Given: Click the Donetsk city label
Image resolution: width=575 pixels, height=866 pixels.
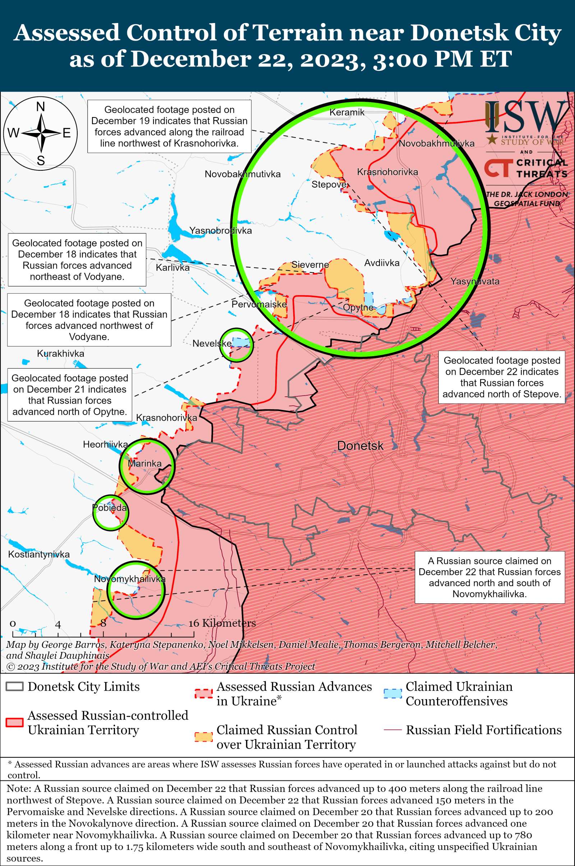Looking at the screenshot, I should (360, 446).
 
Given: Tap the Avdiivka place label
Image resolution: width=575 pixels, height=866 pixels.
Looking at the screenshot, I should (382, 263).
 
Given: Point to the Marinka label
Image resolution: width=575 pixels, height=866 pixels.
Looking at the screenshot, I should (144, 464).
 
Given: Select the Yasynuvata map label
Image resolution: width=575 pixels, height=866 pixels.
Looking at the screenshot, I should (475, 281).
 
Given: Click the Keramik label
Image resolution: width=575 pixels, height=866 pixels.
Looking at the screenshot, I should (347, 112).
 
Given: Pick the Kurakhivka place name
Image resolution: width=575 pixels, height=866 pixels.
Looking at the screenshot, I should (60, 354).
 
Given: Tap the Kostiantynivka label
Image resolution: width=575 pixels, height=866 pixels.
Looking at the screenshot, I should (39, 554).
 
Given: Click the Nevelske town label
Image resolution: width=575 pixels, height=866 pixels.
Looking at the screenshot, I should (212, 343).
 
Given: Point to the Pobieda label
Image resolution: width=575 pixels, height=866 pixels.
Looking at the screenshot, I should (110, 508).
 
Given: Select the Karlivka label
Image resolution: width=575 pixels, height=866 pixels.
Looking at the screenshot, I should (173, 268).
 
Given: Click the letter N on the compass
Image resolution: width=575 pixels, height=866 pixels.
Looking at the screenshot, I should (41, 107).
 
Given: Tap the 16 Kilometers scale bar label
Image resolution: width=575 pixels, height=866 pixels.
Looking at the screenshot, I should (222, 623).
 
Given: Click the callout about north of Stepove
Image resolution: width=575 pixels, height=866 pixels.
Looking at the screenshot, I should (502, 377).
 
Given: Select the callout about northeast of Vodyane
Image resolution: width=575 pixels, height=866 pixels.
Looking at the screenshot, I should (77, 259).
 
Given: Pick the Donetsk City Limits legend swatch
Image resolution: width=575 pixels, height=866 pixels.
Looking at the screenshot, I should (15, 686).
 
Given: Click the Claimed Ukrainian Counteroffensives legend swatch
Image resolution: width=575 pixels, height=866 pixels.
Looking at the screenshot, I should (393, 694).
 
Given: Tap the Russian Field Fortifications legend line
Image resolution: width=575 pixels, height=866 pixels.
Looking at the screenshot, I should (393, 730).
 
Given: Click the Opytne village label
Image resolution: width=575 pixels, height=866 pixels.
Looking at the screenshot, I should (358, 307).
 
